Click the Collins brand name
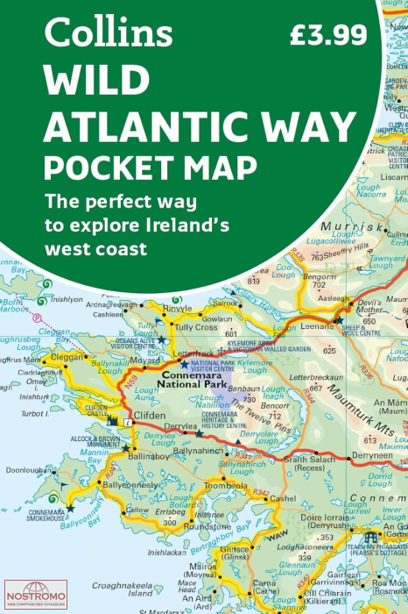(x=109, y=33)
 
